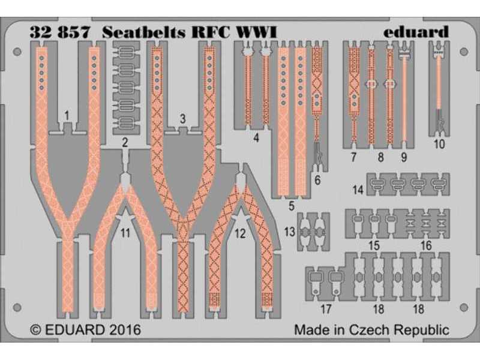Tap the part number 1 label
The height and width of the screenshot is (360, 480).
click(67, 113)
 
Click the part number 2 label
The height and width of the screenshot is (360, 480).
click(125, 142)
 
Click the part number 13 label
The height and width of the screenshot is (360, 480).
click(289, 231)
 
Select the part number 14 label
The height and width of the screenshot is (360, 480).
click(358, 190)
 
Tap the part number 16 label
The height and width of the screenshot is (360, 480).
click(425, 245)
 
